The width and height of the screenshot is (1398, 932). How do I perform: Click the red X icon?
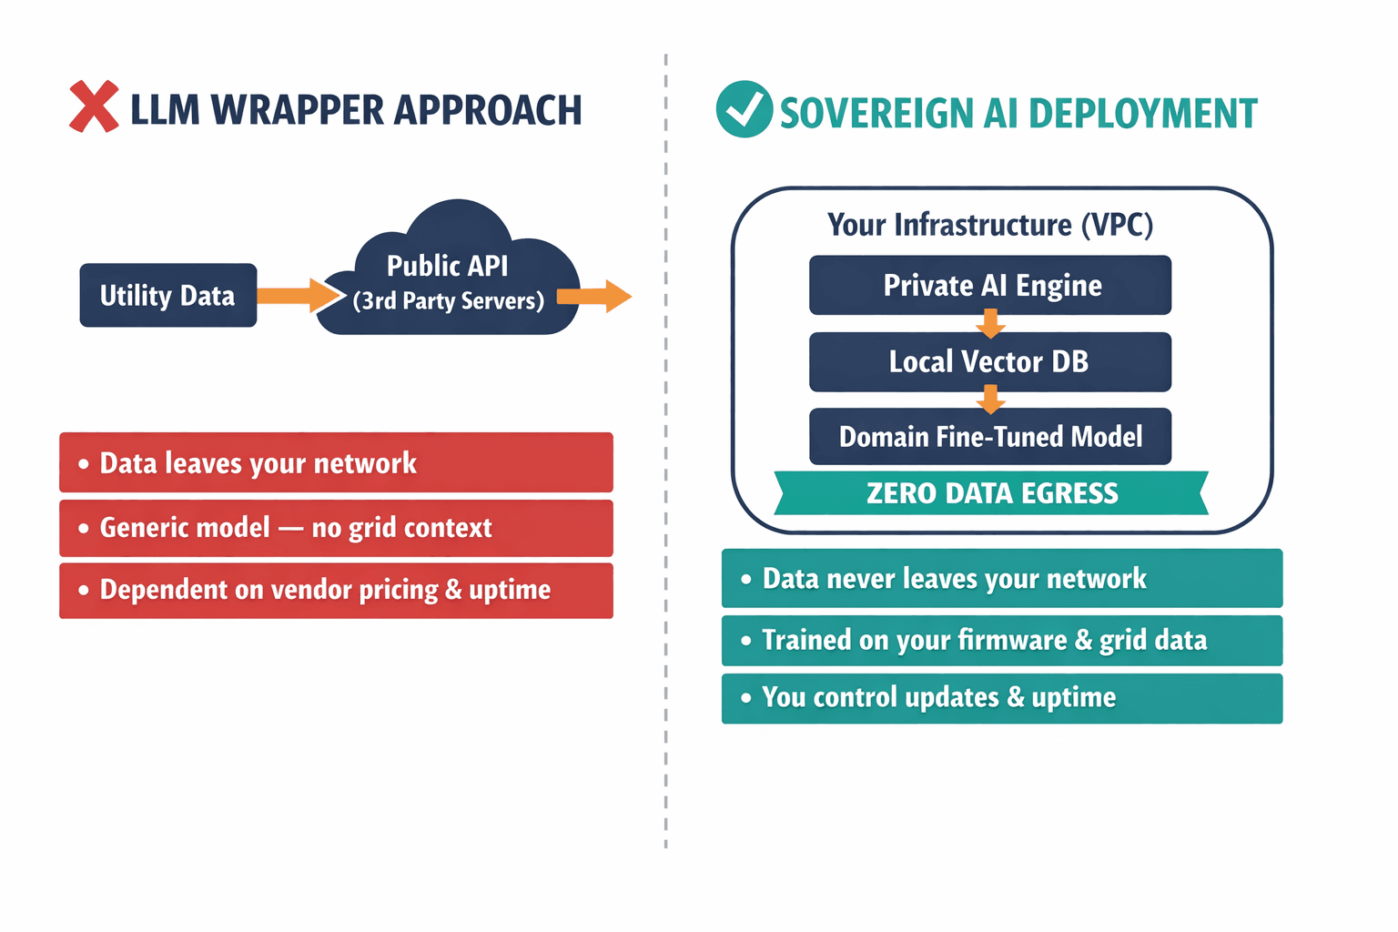pyautogui.click(x=94, y=107)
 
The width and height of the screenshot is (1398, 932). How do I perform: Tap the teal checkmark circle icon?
pyautogui.click(x=744, y=109)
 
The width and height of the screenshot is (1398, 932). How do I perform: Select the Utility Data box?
pyautogui.click(x=167, y=296)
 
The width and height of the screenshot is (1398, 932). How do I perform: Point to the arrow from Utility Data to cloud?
pyautogui.click(x=294, y=296)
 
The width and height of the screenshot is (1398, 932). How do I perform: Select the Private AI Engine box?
pyautogui.click(x=990, y=285)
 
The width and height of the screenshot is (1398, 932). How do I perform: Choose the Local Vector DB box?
pyautogui.click(x=990, y=361)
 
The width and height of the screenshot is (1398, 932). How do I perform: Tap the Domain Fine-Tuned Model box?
pyautogui.click(x=990, y=437)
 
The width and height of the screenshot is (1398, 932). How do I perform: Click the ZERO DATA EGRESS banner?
pyautogui.click(x=990, y=493)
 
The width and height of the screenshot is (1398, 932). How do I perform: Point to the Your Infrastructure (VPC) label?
pyautogui.click(x=990, y=225)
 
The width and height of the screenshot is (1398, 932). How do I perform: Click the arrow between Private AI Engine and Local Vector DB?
pyautogui.click(x=990, y=323)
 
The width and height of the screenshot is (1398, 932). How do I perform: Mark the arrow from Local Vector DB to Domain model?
pyautogui.click(x=990, y=399)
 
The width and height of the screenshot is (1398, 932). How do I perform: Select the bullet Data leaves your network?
pyautogui.click(x=336, y=462)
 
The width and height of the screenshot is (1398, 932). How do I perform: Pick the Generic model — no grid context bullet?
pyautogui.click(x=336, y=528)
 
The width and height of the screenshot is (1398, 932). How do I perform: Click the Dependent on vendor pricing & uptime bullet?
pyautogui.click(x=336, y=590)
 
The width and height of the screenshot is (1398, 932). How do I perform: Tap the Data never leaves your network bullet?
pyautogui.click(x=1001, y=578)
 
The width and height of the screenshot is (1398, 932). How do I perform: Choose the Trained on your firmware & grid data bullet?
pyautogui.click(x=1001, y=640)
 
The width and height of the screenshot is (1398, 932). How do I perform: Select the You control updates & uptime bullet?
pyautogui.click(x=1001, y=698)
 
